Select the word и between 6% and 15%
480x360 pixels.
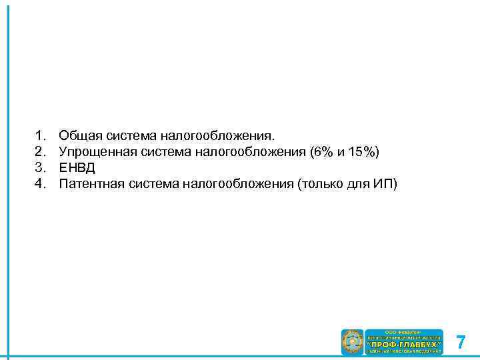point(341,152)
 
